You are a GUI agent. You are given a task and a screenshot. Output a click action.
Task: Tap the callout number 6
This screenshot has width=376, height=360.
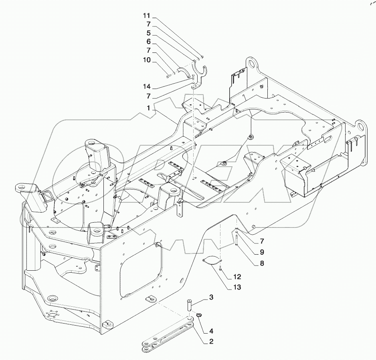point(148,41)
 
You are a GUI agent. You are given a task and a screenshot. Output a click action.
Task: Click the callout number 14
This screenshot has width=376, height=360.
point(147,86)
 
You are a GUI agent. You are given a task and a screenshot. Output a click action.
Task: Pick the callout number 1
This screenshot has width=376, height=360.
point(148,108)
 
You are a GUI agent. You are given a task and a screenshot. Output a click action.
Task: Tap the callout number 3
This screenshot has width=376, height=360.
point(210,298)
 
